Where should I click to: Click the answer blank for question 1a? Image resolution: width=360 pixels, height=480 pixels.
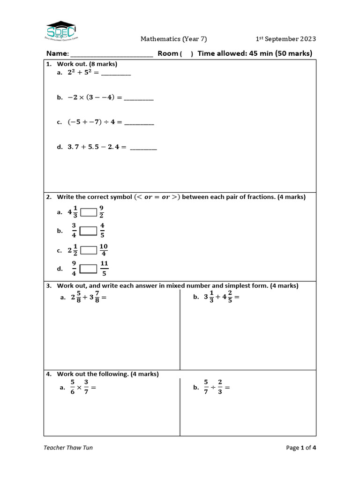click(x=116, y=74)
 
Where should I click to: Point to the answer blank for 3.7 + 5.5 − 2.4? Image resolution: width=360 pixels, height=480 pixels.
click(x=143, y=148)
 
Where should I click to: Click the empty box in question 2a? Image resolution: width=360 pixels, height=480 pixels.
click(x=89, y=212)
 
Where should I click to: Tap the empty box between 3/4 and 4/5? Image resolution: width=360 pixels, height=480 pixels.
click(x=88, y=231)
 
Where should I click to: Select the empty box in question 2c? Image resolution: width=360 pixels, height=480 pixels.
click(x=89, y=250)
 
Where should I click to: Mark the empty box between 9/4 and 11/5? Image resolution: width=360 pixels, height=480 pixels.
click(x=88, y=269)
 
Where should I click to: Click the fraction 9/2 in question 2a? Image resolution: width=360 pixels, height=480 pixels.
click(x=102, y=212)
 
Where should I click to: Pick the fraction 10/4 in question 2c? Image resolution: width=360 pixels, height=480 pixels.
click(x=104, y=250)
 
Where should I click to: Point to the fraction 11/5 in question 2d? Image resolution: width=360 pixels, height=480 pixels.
click(x=104, y=269)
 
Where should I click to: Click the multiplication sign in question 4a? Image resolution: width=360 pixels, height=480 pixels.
click(x=79, y=388)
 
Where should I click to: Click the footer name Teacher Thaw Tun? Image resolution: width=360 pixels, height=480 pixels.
click(x=68, y=448)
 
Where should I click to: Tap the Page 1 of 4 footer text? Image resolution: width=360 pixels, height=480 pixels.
click(x=301, y=448)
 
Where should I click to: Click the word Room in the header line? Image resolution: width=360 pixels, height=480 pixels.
click(x=168, y=53)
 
